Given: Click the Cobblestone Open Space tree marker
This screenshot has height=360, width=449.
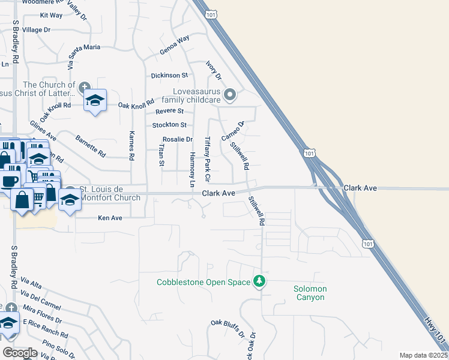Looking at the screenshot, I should coord(259,281).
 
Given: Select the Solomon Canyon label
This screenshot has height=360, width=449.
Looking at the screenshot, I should coord(310,293).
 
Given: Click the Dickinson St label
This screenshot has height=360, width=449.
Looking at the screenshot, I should coord(169,76).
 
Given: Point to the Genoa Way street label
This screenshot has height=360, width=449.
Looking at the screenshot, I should coord(175,46).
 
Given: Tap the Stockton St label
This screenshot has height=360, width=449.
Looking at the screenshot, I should coord(169,125).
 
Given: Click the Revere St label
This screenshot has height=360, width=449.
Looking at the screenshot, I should coord(169,111).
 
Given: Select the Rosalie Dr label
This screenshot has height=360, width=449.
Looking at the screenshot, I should coord(177,139).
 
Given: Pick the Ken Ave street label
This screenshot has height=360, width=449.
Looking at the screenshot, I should coord(110,218).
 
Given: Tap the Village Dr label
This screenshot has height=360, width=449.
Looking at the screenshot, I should coord(36,29).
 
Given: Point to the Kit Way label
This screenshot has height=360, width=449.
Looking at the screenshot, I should coord(51,15).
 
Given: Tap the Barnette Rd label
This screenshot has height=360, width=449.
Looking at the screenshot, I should coord(91,146).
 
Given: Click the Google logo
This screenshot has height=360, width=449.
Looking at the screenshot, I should coord(20,353).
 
